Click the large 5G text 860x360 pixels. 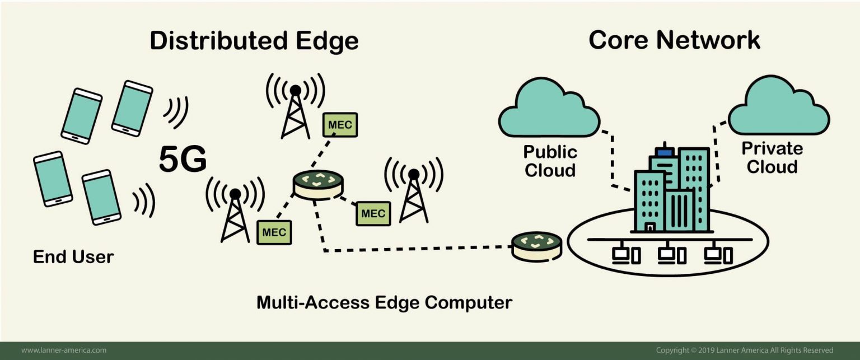coord(183,159)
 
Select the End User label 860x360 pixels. coord(73,257)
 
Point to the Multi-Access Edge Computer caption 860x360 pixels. coord(384,303)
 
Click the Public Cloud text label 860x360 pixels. coord(550,161)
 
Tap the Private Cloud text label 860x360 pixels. coord(772,158)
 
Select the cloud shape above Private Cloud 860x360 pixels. coord(779,106)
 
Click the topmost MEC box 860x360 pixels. coord(340,125)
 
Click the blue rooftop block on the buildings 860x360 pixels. coord(665,151)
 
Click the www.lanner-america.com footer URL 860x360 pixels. coord(64,350)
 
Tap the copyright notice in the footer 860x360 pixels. coord(745,350)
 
